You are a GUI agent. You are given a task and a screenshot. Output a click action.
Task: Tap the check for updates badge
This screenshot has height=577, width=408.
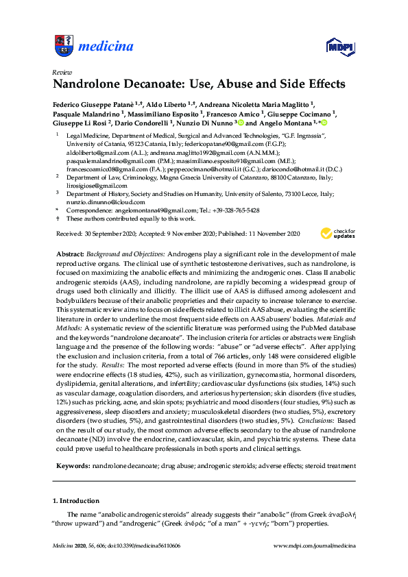336,234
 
